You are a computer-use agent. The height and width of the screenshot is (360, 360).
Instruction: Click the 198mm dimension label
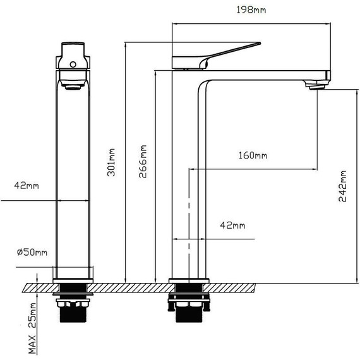click(x=251, y=10)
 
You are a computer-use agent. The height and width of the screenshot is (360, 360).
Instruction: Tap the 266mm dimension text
click(x=143, y=163)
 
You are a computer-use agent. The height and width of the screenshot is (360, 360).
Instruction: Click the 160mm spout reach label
click(x=253, y=156)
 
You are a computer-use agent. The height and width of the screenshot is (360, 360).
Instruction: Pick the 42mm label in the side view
click(x=232, y=225)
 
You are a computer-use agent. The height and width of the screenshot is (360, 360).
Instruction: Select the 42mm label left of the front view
click(x=26, y=186)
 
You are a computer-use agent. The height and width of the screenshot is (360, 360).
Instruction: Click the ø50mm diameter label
click(x=32, y=253)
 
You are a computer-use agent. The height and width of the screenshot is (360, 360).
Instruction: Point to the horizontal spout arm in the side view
click(x=265, y=75)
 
